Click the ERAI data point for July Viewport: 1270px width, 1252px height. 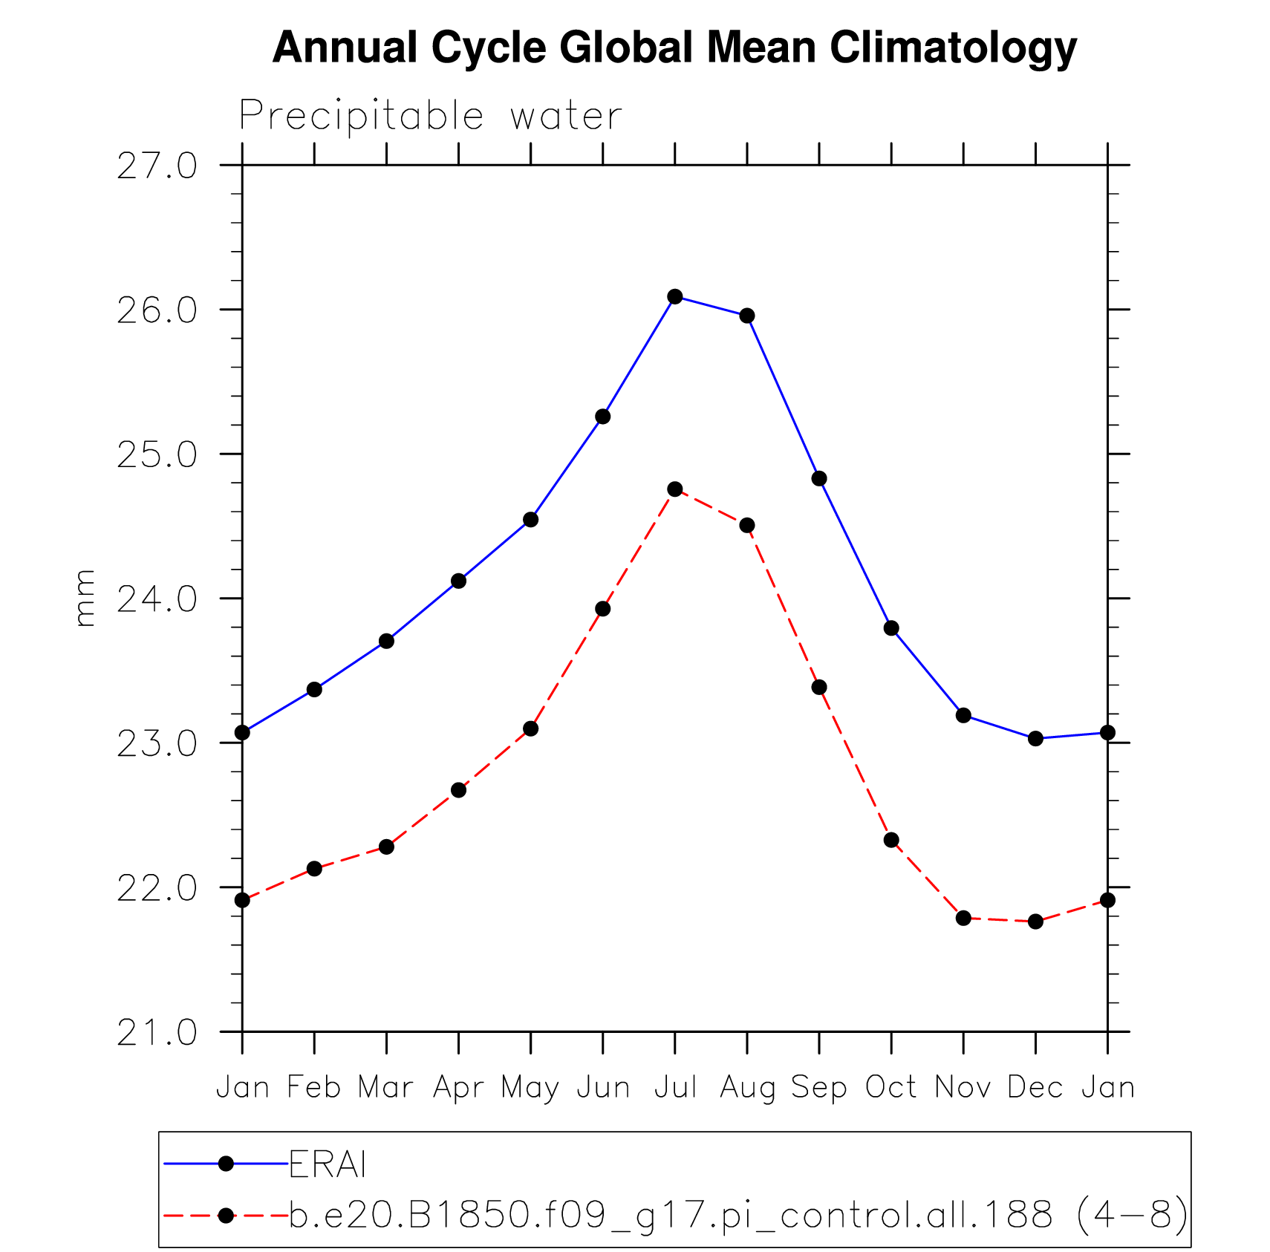tap(674, 297)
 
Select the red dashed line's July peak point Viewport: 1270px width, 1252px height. tap(674, 489)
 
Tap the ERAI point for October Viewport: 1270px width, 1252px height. tap(891, 628)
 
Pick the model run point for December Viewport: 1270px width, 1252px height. tap(1035, 922)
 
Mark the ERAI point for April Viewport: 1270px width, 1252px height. tap(458, 581)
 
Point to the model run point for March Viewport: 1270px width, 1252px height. tap(386, 847)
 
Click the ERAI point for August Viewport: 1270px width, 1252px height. tap(747, 316)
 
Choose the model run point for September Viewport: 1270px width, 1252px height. tap(819, 688)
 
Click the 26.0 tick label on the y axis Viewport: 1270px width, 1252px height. tap(157, 310)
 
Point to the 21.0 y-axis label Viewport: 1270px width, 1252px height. tap(157, 1032)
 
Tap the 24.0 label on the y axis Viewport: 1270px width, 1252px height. tap(157, 599)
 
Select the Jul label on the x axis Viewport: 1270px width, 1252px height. tap(675, 1088)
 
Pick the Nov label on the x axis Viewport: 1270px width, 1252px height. tap(963, 1088)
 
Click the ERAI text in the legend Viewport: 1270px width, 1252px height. tap(328, 1164)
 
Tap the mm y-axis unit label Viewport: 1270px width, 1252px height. tap(85, 598)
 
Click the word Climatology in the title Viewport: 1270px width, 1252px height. tap(953, 48)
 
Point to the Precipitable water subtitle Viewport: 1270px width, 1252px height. tap(430, 117)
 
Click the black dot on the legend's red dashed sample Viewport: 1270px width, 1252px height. tap(227, 1216)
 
